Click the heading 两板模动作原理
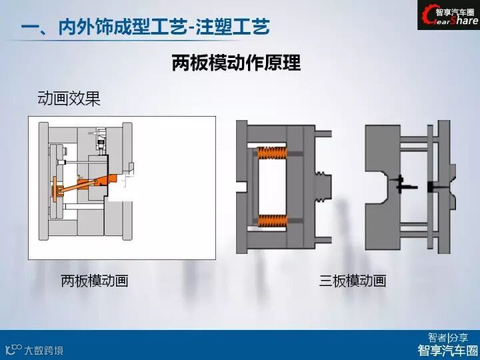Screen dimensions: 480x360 click(x=236, y=63)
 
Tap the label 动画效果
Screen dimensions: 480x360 click(x=69, y=99)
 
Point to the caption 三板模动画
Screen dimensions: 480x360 click(x=352, y=281)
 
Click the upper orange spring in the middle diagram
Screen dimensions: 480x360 click(x=272, y=157)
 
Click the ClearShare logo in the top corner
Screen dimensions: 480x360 click(x=448, y=15)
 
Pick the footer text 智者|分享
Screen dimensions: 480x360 click(x=449, y=337)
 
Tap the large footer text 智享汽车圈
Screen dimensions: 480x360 click(x=447, y=351)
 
